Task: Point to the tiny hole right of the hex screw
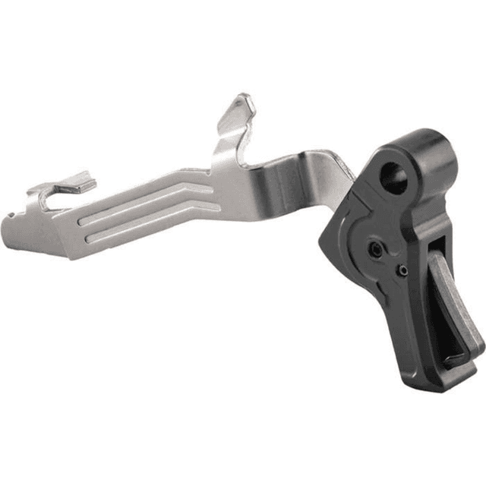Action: (402, 270)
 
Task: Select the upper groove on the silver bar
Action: (144, 197)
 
